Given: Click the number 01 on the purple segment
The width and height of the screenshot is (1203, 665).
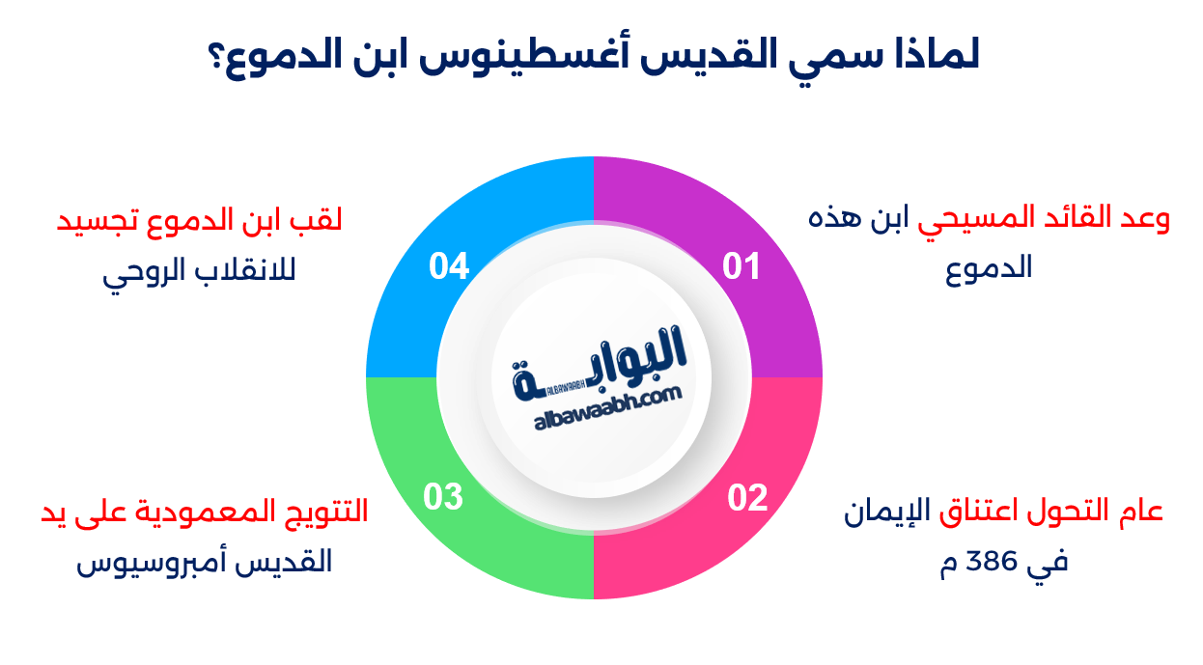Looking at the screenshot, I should point(741,266).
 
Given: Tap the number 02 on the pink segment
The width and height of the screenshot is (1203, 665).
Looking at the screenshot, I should point(747,498).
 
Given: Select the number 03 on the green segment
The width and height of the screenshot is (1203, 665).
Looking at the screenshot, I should point(444,498).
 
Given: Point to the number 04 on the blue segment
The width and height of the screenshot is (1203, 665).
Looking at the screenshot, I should point(449,266).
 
